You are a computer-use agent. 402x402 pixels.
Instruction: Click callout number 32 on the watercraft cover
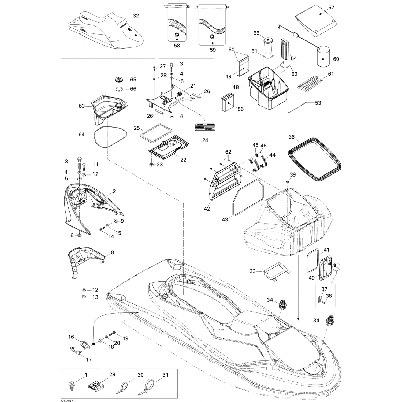click(x=136, y=16)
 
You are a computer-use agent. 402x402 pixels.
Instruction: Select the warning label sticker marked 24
click(x=205, y=127)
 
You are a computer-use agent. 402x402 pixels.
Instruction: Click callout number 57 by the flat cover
click(x=331, y=8)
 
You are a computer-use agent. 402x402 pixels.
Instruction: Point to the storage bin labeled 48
click(x=268, y=91)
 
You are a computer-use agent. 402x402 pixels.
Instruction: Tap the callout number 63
click(x=82, y=106)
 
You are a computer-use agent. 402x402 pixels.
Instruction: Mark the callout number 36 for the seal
click(x=292, y=137)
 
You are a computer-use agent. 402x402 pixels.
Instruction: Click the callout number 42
click(x=207, y=209)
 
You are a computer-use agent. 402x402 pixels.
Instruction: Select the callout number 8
click(x=112, y=252)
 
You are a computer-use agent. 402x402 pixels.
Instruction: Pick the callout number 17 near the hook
click(x=88, y=359)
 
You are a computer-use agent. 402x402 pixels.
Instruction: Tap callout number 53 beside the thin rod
click(x=318, y=103)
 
